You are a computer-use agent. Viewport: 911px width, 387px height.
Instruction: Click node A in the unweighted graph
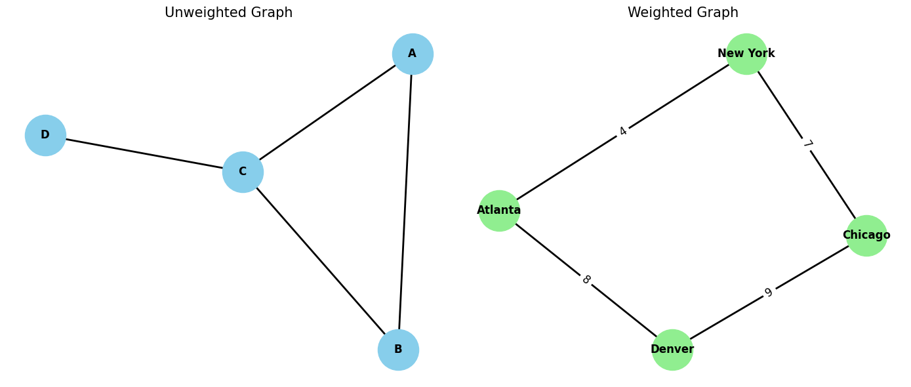coord(413,54)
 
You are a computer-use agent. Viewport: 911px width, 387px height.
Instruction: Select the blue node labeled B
coord(398,350)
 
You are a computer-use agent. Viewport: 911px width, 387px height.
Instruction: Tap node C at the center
coord(243,172)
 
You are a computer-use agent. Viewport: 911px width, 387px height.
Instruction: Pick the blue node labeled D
coord(45,135)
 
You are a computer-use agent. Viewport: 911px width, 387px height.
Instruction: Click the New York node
coord(746,54)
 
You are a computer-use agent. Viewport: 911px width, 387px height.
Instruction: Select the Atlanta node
coord(499,211)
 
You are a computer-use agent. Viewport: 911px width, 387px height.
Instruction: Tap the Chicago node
coord(866,235)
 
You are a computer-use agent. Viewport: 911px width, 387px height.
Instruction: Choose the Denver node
coord(672,350)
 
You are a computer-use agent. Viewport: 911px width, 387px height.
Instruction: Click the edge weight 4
coord(622,131)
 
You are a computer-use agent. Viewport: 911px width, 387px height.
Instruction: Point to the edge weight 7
coord(807,144)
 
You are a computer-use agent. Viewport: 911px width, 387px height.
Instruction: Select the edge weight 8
coord(586,280)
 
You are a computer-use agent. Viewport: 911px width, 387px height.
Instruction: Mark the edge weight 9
coord(769,293)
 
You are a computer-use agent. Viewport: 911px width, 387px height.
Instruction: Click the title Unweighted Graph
coord(228,13)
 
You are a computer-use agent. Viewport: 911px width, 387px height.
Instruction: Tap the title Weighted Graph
coord(683,13)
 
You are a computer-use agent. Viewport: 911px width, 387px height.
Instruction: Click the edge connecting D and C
coord(144,153)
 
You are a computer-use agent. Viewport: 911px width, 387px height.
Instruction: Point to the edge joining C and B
coord(320,260)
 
